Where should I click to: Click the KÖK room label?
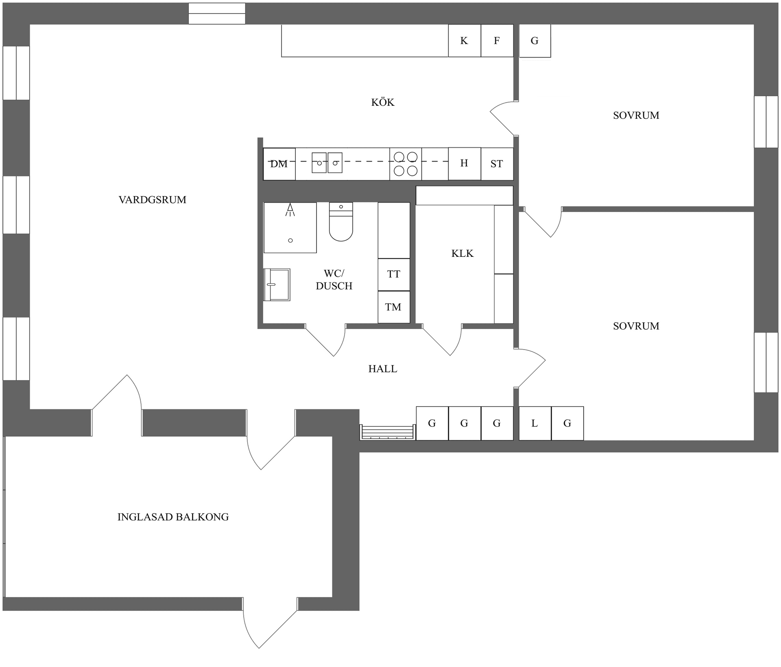tap(383, 102)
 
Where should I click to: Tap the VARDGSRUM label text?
tap(153, 200)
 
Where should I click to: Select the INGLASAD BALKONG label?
tap(173, 517)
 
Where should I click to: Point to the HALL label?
tap(383, 369)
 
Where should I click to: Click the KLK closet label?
tap(462, 254)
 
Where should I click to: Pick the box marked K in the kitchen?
tap(465, 41)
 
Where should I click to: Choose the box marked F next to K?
tap(497, 41)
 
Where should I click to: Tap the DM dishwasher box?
tap(279, 164)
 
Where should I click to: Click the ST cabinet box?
tap(497, 164)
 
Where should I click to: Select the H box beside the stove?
tap(465, 164)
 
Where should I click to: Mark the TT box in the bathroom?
tap(394, 275)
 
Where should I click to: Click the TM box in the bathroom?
tap(394, 307)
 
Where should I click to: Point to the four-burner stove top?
tap(406, 164)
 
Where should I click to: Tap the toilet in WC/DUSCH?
tap(341, 222)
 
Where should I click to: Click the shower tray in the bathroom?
tap(290, 227)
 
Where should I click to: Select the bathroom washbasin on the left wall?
tap(277, 285)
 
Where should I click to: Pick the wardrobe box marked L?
tap(535, 423)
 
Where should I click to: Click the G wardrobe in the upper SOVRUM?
tap(535, 41)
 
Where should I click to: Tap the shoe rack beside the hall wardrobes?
tap(387, 432)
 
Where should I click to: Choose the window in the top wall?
tap(217, 13)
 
